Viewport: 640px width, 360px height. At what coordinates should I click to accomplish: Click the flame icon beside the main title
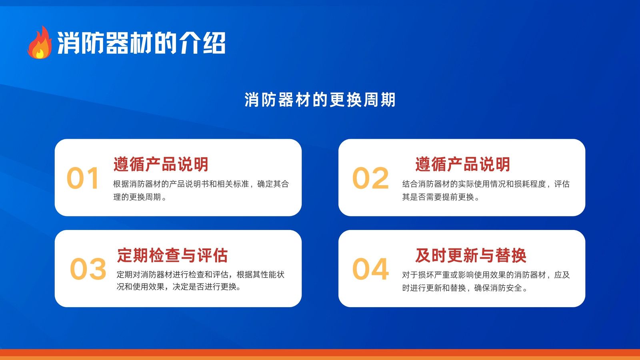[x=40, y=42]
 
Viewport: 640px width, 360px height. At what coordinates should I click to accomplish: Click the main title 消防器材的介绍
[x=141, y=43]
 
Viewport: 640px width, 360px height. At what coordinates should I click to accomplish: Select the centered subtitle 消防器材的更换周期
[x=320, y=100]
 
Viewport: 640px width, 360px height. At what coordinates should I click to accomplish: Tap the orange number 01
[x=83, y=178]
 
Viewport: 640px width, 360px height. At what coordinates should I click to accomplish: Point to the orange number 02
[x=370, y=178]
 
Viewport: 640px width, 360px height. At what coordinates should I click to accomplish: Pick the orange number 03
[x=88, y=269]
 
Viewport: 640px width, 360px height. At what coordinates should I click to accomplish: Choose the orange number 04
[x=370, y=269]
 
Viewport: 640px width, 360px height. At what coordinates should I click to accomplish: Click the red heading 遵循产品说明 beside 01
[x=161, y=164]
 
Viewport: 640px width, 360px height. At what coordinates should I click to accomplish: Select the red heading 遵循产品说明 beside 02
[x=463, y=164]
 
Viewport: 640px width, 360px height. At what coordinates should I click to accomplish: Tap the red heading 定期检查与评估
[x=172, y=255]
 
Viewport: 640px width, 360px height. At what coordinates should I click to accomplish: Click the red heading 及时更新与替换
[x=471, y=255]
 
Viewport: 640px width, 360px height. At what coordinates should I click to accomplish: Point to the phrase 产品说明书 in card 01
[x=189, y=184]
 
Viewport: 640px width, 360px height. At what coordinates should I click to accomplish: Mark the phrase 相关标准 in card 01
[x=233, y=184]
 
